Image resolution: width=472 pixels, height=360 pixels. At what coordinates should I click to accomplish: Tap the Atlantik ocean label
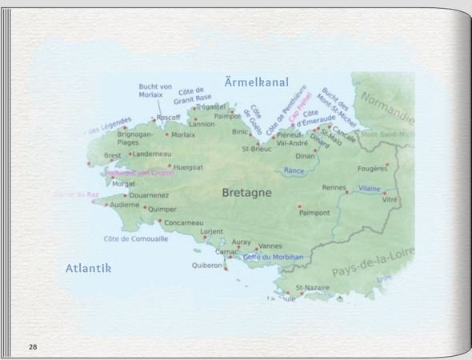(x=87, y=269)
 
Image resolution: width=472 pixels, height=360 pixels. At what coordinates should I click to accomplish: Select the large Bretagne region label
(x=246, y=193)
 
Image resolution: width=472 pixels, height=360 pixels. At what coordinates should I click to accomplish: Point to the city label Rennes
(x=334, y=187)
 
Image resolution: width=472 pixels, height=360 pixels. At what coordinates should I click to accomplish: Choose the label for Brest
(x=113, y=156)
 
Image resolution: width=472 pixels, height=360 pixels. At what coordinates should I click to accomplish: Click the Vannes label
(x=271, y=246)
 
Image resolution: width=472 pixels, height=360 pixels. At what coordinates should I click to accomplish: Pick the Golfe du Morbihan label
(x=273, y=257)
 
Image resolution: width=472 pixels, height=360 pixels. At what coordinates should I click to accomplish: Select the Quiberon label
(x=207, y=266)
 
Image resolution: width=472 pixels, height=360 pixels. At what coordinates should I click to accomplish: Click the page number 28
(x=33, y=346)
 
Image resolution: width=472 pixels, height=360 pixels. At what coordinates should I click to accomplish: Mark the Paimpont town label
(x=314, y=213)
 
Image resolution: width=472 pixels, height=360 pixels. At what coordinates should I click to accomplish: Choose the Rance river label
(x=294, y=170)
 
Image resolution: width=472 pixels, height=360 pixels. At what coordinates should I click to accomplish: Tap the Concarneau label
(x=183, y=222)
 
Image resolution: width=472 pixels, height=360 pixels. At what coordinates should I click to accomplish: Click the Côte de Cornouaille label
(x=136, y=238)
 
